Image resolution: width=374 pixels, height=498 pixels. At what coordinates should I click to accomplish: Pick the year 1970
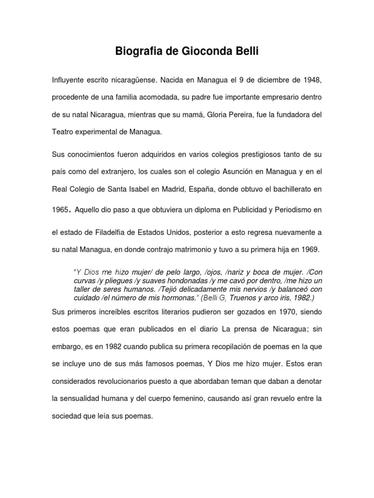click(287, 312)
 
